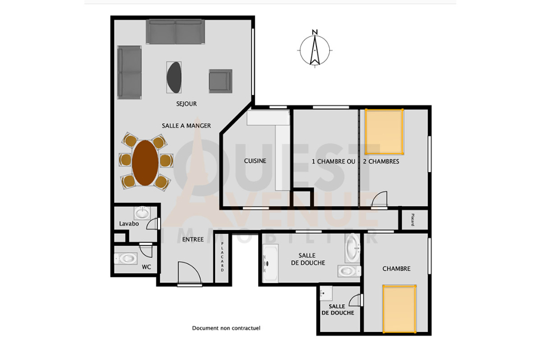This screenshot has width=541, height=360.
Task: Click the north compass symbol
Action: pyautogui.click(x=315, y=49)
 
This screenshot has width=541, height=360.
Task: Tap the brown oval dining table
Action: pyautogui.click(x=145, y=163)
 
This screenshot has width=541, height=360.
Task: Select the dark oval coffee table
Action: pyautogui.click(x=174, y=77)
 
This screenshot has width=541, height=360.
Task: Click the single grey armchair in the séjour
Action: pyautogui.click(x=220, y=81)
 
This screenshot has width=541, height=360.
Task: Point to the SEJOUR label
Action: pyautogui.click(x=186, y=104)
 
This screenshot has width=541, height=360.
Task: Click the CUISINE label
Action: pyautogui.click(x=255, y=160)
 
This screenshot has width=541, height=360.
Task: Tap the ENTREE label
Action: pyautogui.click(x=193, y=239)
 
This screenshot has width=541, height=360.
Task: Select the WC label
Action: pyautogui.click(x=146, y=267)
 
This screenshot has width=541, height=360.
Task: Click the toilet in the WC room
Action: pyautogui.click(x=126, y=258)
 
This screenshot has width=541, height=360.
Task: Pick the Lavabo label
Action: pyautogui.click(x=129, y=223)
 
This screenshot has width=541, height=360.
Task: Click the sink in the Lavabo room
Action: pyautogui.click(x=142, y=213)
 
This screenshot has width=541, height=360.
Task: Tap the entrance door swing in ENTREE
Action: pyautogui.click(x=189, y=273)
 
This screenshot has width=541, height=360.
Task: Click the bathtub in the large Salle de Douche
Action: pyautogui.click(x=270, y=264)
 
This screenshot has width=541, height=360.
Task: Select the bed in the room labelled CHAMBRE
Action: pyautogui.click(x=399, y=309)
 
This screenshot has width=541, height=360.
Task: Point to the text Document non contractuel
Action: pyautogui.click(x=226, y=328)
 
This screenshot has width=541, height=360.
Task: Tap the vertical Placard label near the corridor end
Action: pyautogui.click(x=413, y=220)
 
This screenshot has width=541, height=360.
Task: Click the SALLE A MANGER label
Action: pyautogui.click(x=186, y=126)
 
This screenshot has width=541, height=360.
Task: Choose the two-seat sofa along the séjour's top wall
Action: pyautogui.click(x=175, y=32)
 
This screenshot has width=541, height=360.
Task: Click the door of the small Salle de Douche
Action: pyautogui.click(x=356, y=300)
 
